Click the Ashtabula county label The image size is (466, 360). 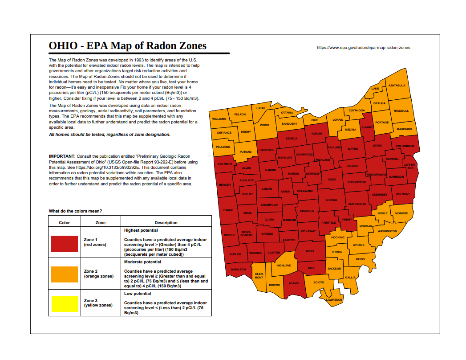[x=397, y=85]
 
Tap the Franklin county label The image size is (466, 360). [x=307, y=211]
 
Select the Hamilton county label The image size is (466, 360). [x=238, y=270]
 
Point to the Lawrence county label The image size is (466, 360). [x=334, y=300]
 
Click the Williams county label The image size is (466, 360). [x=219, y=119]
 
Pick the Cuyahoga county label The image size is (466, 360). [x=357, y=110]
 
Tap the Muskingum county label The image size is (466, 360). [x=357, y=204]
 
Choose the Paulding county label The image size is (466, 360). [x=223, y=147]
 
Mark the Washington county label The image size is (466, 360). [x=387, y=231]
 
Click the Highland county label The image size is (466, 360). [x=284, y=266]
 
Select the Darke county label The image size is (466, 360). [x=228, y=210]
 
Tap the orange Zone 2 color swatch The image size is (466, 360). [x=65, y=274]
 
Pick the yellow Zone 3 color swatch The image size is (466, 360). [x=65, y=303]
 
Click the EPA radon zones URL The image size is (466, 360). [x=363, y=47]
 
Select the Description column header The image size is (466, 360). [x=166, y=223]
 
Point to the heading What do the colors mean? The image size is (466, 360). [x=75, y=211]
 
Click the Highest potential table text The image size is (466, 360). [x=141, y=230]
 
